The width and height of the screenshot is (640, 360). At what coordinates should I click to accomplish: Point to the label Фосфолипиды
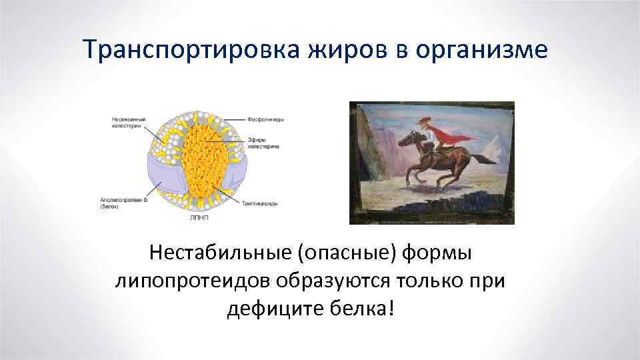(266, 119)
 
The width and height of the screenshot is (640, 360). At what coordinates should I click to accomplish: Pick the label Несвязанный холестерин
(126, 123)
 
